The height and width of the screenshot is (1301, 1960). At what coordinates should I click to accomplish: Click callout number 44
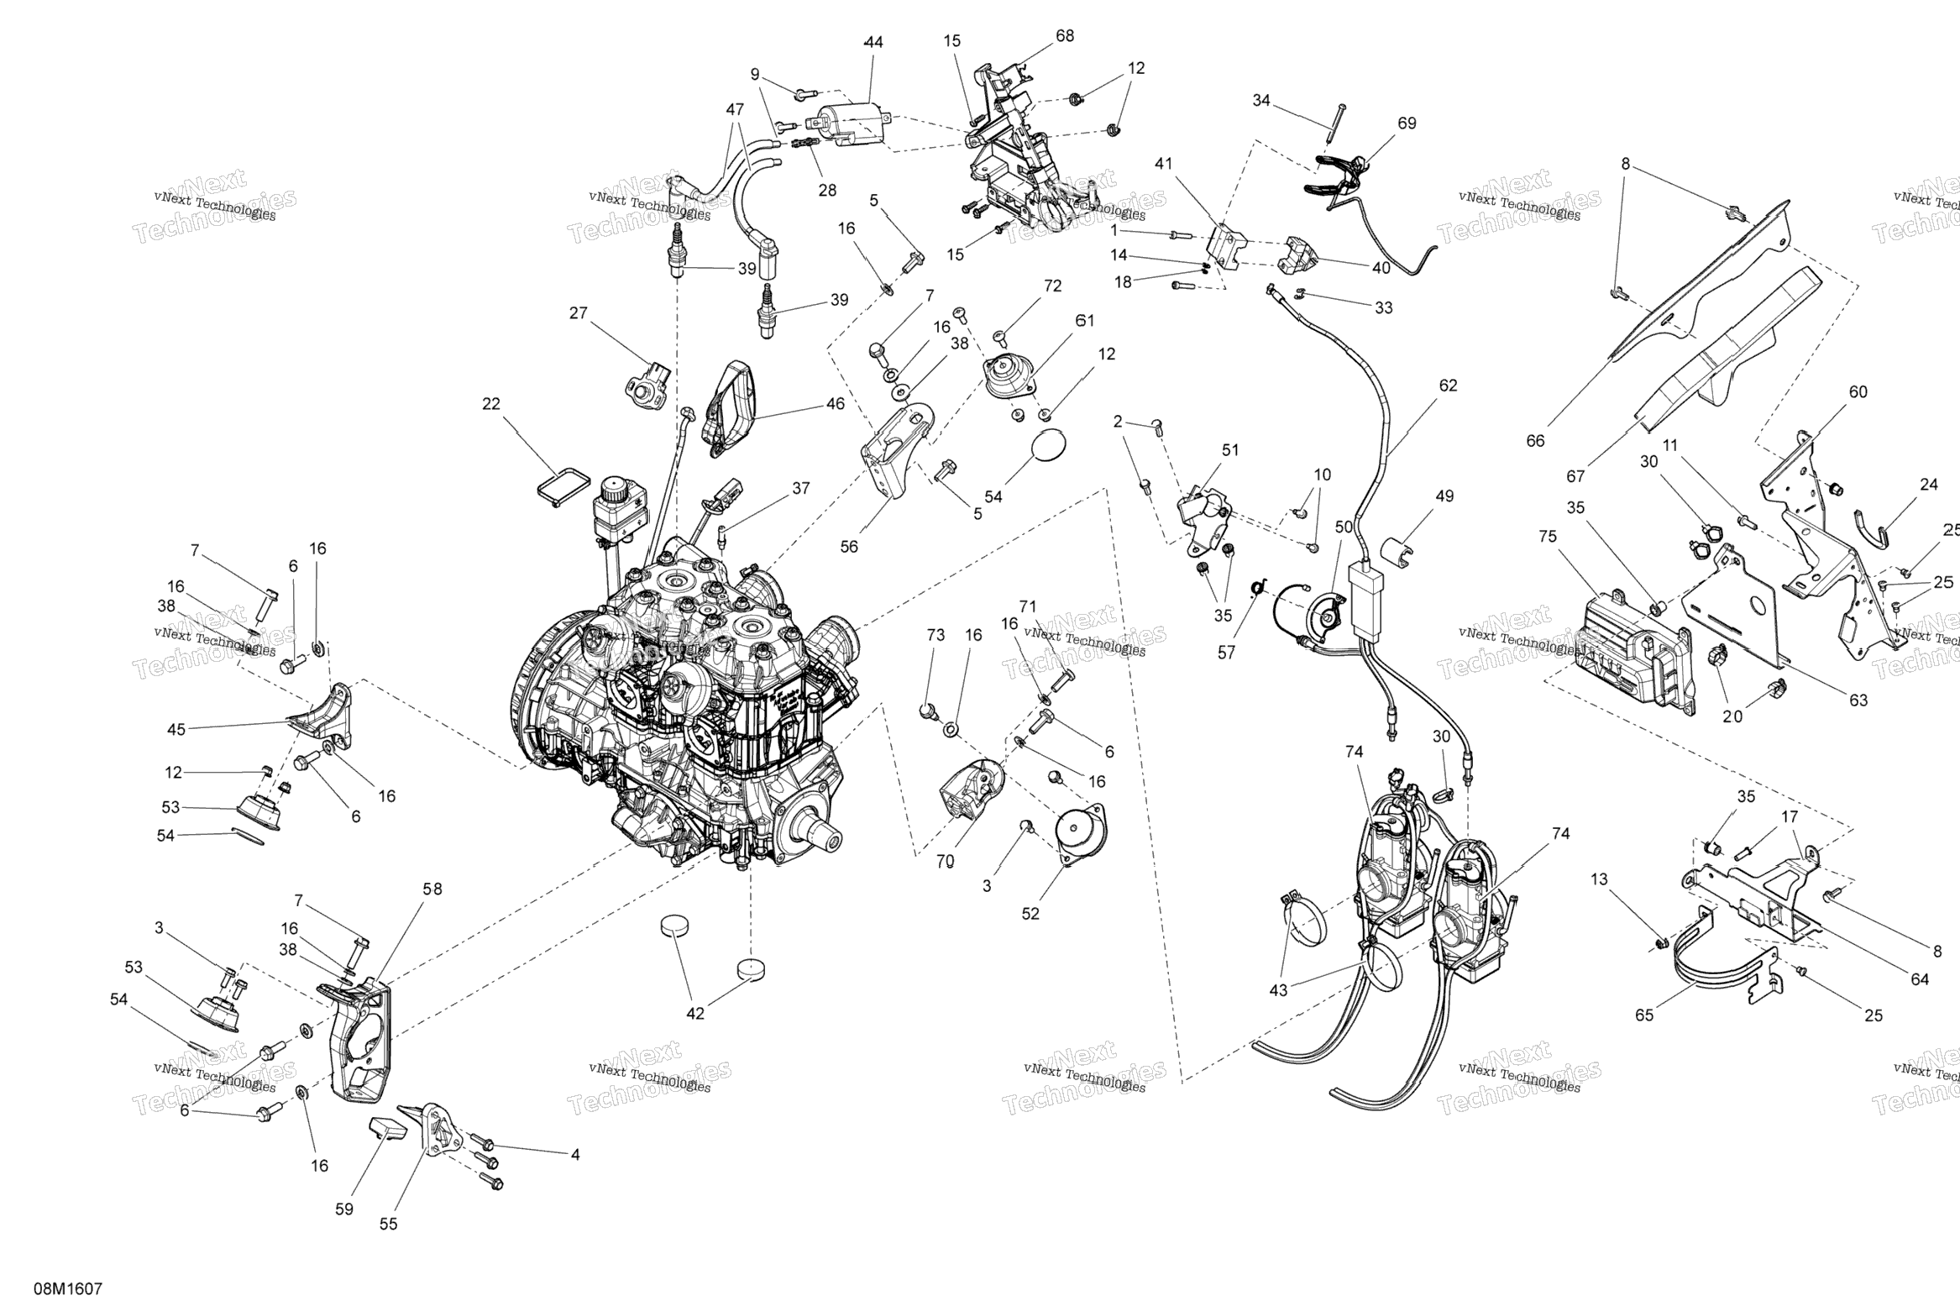coord(873,42)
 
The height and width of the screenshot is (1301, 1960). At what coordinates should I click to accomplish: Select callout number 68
coord(1065,36)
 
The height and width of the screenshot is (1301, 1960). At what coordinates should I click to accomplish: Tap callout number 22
coord(491,404)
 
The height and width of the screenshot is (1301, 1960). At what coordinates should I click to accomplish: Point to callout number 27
coord(578,313)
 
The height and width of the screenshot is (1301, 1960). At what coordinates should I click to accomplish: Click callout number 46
coord(835,404)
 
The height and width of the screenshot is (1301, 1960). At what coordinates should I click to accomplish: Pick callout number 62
coord(1448,386)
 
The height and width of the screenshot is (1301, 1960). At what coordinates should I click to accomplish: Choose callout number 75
coord(1547,536)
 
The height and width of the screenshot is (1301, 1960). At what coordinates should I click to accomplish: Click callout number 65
coord(1643,1015)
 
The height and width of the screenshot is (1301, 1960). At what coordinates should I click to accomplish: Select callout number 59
coord(344,1209)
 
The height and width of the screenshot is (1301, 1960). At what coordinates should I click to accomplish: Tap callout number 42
coord(695,1013)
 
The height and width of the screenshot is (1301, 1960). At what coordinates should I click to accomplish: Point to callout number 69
coord(1407,123)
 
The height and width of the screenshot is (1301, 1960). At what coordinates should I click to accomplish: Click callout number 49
coord(1444,496)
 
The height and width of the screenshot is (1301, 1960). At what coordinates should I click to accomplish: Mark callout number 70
coord(945,861)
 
